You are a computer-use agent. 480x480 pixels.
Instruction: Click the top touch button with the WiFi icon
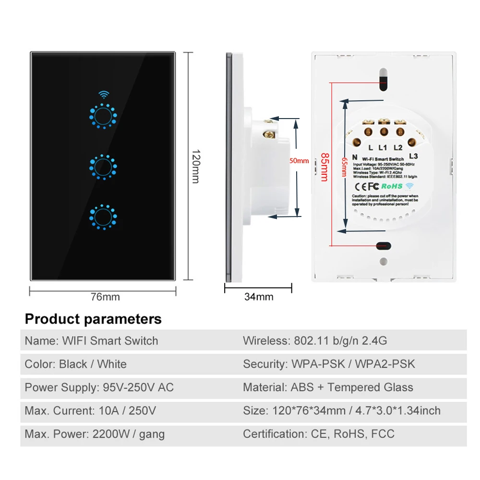(103, 116)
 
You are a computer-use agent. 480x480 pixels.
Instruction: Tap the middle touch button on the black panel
(103, 167)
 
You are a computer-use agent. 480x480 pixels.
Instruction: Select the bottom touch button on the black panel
(103, 216)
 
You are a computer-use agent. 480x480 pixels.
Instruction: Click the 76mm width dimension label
(105, 297)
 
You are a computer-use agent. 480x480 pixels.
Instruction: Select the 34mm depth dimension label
(259, 297)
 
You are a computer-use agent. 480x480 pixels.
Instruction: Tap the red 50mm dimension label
(299, 161)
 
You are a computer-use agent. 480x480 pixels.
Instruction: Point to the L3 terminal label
(414, 156)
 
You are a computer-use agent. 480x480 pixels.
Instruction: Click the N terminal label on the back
(354, 156)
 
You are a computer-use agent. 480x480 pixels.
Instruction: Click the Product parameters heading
(93, 319)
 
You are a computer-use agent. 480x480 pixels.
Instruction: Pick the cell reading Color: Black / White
(76, 364)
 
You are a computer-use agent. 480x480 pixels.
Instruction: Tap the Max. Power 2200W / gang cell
(95, 434)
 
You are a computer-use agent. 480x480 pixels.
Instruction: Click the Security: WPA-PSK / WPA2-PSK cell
(329, 364)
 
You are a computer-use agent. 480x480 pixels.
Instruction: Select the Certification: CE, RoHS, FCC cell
(319, 434)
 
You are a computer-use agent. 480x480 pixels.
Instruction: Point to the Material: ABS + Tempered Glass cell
(328, 387)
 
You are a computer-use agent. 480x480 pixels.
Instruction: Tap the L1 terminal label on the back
(383, 148)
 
